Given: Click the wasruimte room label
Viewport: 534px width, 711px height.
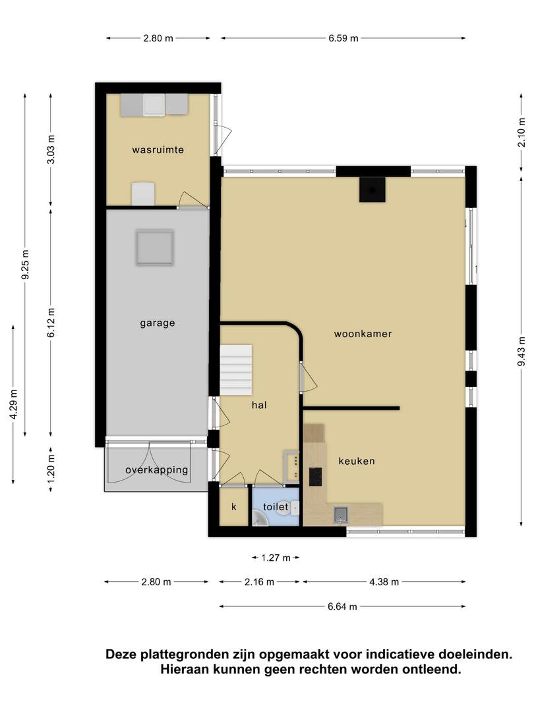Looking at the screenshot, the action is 158,149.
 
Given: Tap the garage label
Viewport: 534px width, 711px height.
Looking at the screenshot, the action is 157,323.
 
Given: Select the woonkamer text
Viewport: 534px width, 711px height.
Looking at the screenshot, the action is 363,334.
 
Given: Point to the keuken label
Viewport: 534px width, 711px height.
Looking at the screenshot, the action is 357,461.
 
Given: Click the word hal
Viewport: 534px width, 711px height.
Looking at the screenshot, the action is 259,405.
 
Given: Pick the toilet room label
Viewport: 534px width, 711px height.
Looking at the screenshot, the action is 276,506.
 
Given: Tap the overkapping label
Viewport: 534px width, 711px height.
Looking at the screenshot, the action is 157,470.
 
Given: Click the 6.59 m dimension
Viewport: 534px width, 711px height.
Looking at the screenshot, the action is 343,39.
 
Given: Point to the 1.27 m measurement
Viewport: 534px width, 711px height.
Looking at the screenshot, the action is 276,558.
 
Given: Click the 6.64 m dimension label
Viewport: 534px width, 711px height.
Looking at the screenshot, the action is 342,606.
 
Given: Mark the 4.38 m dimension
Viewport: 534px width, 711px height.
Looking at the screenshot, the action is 384,582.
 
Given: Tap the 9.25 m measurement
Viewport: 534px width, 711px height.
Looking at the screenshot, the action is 26,265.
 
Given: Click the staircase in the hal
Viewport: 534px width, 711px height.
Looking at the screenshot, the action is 236,370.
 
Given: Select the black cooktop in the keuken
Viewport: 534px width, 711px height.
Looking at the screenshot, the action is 316,477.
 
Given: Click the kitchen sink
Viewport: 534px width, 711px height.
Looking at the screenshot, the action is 340,513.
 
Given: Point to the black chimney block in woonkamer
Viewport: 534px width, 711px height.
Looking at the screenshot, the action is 372,190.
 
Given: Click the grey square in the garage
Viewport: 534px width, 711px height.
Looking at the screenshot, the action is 155,248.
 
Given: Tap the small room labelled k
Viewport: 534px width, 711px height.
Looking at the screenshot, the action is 234,506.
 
